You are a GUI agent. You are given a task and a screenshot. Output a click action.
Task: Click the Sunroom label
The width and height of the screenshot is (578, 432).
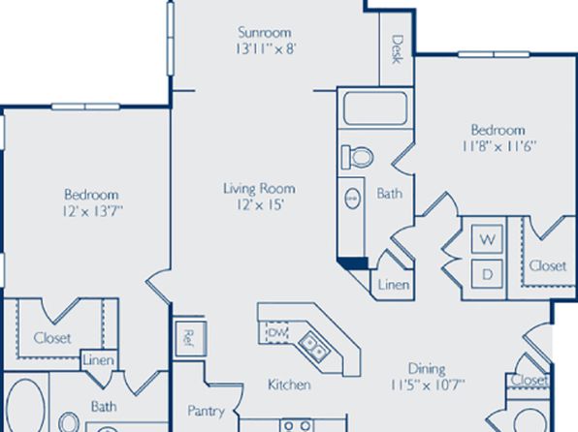265,32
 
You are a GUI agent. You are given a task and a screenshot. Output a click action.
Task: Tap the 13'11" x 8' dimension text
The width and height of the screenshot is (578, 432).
266,48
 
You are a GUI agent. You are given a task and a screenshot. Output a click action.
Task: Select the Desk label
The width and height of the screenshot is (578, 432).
397,49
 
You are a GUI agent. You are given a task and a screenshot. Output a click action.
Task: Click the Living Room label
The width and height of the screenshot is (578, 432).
259,189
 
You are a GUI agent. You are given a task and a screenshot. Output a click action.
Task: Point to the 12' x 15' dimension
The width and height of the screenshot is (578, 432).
260,204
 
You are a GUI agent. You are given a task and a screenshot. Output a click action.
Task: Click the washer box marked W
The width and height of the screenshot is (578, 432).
487,239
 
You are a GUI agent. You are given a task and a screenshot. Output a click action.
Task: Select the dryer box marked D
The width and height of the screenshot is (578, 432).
487,274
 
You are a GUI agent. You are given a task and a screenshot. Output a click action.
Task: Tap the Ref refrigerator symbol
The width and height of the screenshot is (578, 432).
190,338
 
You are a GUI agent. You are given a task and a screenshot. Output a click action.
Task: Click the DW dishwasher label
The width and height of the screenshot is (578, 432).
277,333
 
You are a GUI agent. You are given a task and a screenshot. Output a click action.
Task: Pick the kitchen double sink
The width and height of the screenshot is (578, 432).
314,347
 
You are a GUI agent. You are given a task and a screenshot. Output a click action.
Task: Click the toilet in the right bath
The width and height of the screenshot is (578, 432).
357,157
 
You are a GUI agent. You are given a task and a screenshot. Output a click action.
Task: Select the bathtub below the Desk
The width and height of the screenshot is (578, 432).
375,108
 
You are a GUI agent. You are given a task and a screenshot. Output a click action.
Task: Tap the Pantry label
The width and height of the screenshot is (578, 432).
206,411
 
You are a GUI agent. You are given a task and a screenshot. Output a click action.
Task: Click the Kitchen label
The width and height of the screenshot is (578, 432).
289,385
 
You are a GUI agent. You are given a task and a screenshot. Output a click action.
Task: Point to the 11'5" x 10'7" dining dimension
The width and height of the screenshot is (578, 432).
428,386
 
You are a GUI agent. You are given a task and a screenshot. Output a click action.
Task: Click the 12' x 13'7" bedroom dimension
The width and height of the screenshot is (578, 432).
93,211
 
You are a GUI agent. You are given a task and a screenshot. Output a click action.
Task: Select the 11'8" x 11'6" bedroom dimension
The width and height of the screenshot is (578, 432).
498,146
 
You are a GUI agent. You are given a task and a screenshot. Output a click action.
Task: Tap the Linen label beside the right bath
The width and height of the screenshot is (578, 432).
394,285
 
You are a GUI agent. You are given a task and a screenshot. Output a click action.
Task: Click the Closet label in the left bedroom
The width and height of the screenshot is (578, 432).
52,338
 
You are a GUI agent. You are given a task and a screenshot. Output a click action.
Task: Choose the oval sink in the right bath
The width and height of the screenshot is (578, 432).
352,199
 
